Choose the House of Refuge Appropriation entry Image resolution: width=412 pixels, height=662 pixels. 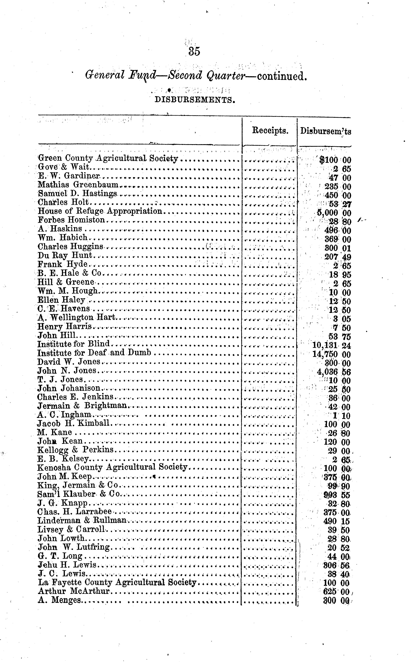click(100, 211)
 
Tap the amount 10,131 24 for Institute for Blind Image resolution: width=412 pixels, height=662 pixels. click(331, 345)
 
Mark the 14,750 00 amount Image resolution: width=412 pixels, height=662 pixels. click(331, 354)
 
